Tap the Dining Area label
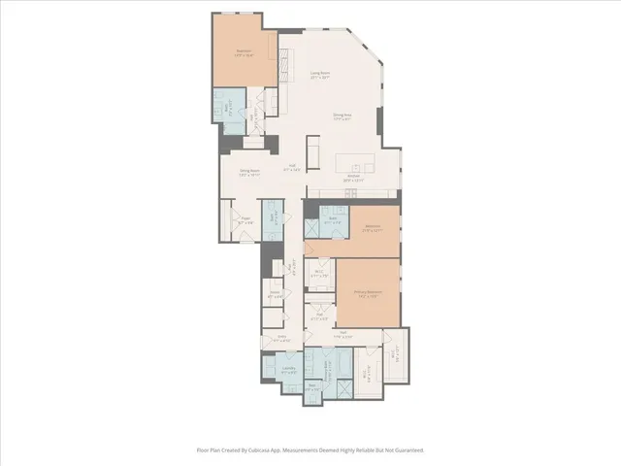(x=342, y=115)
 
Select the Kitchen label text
(x=353, y=176)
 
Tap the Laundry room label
(x=288, y=368)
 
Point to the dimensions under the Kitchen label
(x=353, y=181)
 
